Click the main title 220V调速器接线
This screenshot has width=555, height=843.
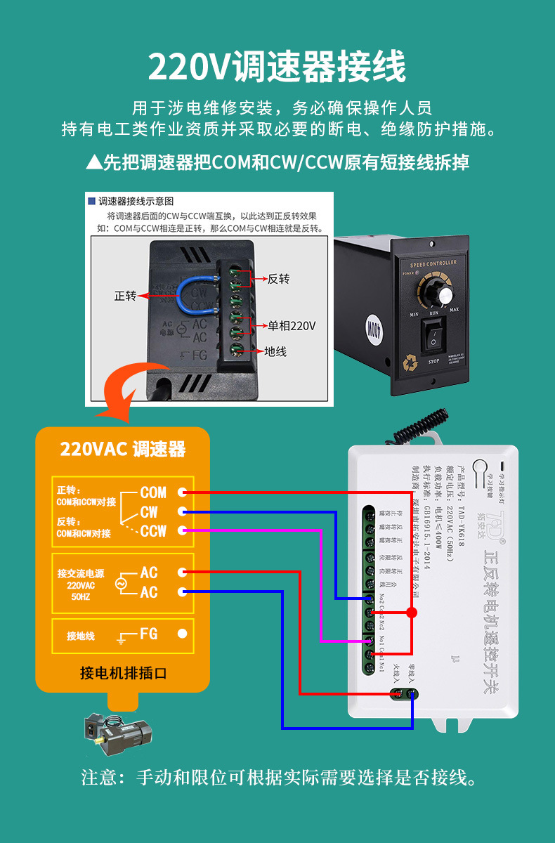[x=277, y=67]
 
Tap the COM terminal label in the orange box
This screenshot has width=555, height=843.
[x=153, y=492]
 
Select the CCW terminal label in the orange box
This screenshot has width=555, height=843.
[x=153, y=530]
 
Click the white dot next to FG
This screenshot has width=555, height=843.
[x=182, y=633]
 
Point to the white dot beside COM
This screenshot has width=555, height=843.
[x=182, y=492]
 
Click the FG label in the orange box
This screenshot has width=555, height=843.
[x=148, y=633]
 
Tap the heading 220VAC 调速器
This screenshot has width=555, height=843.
[x=123, y=450]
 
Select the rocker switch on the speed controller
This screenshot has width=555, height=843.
[x=433, y=337]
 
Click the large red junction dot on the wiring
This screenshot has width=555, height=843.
[x=412, y=613]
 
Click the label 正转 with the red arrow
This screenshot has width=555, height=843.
[x=125, y=296]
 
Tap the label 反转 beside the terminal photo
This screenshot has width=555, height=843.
[x=278, y=279]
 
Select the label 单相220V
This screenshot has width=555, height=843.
[x=291, y=326]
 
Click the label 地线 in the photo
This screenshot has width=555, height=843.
[x=275, y=351]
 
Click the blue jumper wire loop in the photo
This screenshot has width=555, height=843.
[x=184, y=295]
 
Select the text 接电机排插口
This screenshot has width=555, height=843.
[x=123, y=674]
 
